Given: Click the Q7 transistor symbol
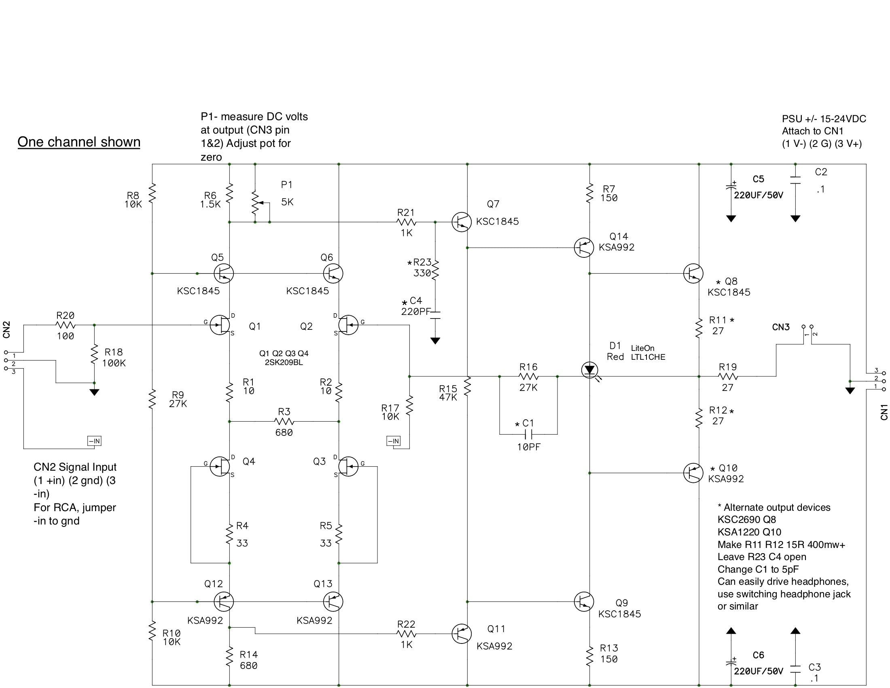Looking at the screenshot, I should (x=461, y=222).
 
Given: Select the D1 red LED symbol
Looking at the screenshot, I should (x=589, y=370).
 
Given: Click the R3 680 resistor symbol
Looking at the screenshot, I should (x=284, y=421).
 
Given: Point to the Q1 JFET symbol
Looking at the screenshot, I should (x=220, y=325).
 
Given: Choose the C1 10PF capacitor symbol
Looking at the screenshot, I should (x=528, y=434).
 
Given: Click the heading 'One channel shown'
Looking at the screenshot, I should (x=78, y=142).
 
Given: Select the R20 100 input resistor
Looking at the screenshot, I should (x=65, y=325).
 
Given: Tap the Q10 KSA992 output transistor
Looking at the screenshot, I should (x=693, y=473).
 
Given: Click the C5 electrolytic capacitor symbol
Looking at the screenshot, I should (x=731, y=188).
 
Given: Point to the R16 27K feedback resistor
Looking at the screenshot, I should (x=528, y=377).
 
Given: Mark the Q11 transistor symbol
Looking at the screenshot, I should (x=461, y=634).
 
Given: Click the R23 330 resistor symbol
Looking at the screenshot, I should (x=435, y=270).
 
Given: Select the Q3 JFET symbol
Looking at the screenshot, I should (x=348, y=466).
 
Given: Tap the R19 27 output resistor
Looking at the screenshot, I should (x=728, y=377).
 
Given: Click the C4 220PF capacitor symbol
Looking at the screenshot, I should (x=435, y=314).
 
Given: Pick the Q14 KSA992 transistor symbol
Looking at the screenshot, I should (x=583, y=247).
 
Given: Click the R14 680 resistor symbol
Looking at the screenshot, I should (x=229, y=657).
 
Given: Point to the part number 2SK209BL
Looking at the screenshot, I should (x=284, y=362).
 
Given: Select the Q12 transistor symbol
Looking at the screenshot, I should (x=223, y=601).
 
